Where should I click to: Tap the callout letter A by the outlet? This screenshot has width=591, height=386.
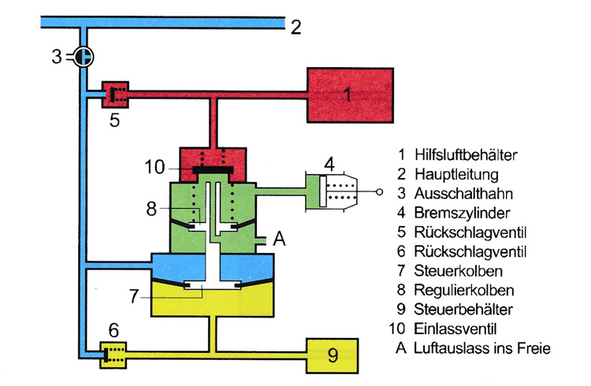[278, 240]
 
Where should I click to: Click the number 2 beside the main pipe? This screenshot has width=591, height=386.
[295, 28]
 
